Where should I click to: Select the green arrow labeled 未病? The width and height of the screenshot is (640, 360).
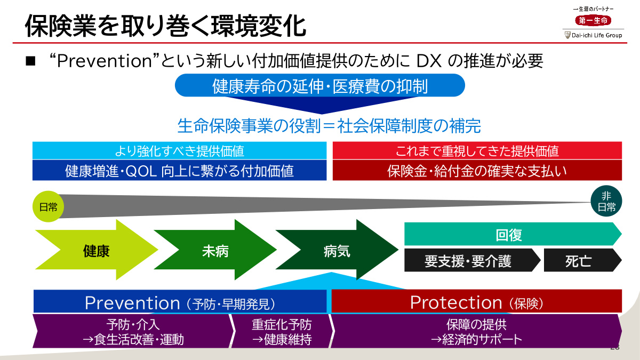pyautogui.click(x=215, y=251)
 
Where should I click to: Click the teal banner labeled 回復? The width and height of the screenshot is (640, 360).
pyautogui.click(x=509, y=235)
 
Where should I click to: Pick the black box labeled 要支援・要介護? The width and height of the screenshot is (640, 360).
pyautogui.click(x=468, y=261)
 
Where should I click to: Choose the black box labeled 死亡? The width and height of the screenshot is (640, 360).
pyautogui.click(x=579, y=261)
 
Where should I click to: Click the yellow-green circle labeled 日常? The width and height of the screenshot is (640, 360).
pyautogui.click(x=49, y=206)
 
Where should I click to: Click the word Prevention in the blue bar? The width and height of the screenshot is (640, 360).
pyautogui.click(x=132, y=303)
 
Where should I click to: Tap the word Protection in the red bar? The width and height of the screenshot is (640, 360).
pyautogui.click(x=456, y=302)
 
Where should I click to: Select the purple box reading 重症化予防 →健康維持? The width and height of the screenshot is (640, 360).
pyautogui.click(x=282, y=332)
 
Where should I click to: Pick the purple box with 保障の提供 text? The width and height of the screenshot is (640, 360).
pyautogui.click(x=476, y=332)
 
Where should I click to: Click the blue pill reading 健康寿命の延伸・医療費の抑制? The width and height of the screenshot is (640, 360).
pyautogui.click(x=320, y=86)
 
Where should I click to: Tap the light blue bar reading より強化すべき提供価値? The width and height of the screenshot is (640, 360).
pyautogui.click(x=179, y=151)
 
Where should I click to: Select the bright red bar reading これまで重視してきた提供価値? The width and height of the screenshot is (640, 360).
pyautogui.click(x=477, y=151)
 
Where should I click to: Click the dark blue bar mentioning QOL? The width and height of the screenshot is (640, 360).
pyautogui.click(x=179, y=171)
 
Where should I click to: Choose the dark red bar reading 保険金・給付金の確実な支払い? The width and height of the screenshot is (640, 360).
pyautogui.click(x=477, y=171)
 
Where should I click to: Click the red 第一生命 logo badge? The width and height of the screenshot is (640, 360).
pyautogui.click(x=593, y=20)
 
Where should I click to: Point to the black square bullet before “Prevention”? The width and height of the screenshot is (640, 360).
pyautogui.click(x=30, y=61)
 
